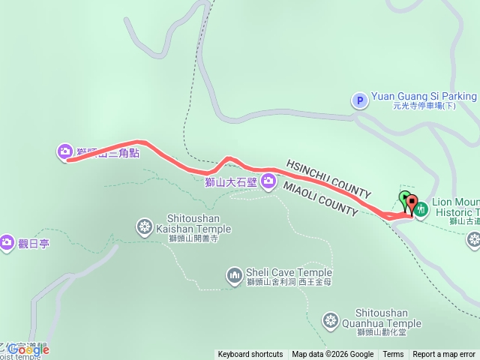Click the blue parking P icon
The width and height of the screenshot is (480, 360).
[x=359, y=99]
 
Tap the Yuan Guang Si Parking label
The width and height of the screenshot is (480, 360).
[x=424, y=96]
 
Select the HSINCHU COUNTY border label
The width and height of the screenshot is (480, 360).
[x=328, y=178]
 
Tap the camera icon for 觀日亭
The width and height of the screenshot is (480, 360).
[x=7, y=241]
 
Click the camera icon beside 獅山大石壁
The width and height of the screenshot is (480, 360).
[x=268, y=181]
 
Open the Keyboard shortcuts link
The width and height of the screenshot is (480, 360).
[x=250, y=355]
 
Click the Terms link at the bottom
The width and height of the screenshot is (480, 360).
[x=393, y=355]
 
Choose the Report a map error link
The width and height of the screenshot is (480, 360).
[x=445, y=355]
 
